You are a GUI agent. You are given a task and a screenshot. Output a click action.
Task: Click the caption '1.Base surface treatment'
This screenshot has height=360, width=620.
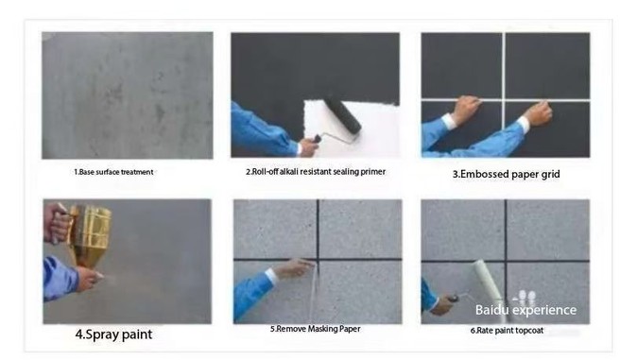pyautogui.click(x=113, y=172)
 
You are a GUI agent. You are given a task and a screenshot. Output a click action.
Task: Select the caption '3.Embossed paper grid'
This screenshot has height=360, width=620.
pyautogui.click(x=507, y=174)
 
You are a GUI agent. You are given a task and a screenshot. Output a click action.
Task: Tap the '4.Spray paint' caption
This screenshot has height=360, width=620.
pyautogui.click(x=113, y=334)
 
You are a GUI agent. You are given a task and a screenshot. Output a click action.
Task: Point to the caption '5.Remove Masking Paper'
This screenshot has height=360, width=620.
pyautogui.click(x=315, y=329)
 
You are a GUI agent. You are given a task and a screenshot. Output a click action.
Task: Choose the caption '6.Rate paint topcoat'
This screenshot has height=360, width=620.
pyautogui.click(x=507, y=331)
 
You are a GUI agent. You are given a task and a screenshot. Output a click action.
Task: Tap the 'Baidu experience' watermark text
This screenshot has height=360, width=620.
pyautogui.click(x=525, y=310)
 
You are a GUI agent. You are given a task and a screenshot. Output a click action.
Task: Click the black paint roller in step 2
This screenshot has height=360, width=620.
pyautogui.click(x=343, y=114)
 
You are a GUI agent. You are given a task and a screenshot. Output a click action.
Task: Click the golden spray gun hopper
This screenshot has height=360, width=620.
pyautogui.click(x=91, y=233)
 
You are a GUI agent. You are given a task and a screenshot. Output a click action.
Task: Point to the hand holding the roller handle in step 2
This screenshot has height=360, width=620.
pyautogui.click(x=308, y=146)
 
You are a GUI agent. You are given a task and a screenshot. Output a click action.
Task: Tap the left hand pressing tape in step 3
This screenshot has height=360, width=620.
pyautogui.click(x=467, y=109)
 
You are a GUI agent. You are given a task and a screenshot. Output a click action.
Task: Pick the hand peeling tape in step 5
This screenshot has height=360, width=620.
pyautogui.click(x=293, y=268)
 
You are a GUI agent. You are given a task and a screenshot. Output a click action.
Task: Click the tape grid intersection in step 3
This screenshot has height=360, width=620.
pyautogui.click(x=504, y=99)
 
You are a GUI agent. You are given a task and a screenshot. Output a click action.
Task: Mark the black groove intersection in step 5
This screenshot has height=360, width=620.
pyautogui.click(x=318, y=259)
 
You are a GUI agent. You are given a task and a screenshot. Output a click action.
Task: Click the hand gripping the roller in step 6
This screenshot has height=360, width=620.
pyautogui.click(x=443, y=304)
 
